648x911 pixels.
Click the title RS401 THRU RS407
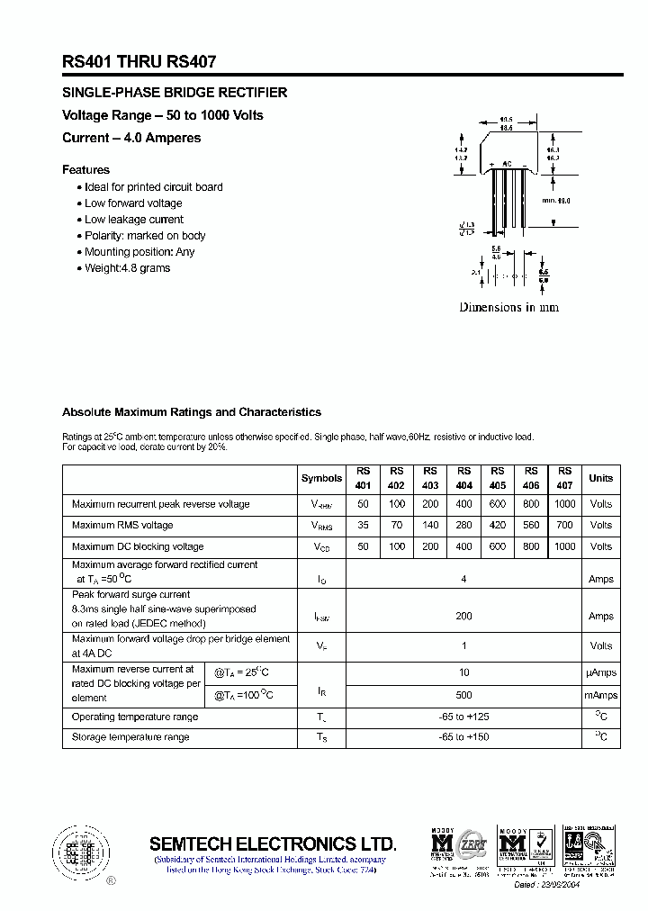click(139, 62)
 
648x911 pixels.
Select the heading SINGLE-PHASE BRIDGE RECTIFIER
click(175, 93)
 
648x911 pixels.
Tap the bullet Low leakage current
click(133, 220)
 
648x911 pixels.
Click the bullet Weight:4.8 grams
click(127, 268)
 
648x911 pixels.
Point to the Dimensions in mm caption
click(508, 307)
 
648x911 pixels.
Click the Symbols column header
click(321, 478)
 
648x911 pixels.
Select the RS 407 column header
click(564, 478)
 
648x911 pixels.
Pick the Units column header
click(600, 478)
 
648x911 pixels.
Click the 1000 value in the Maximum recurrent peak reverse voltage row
click(564, 504)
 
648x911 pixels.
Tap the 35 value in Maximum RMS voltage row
click(364, 525)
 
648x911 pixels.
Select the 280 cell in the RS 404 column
click(463, 525)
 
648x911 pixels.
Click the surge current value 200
click(463, 617)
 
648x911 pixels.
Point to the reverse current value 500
click(463, 695)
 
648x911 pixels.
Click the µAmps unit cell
click(600, 672)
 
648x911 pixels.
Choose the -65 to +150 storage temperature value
click(463, 737)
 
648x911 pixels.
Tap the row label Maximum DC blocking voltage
click(138, 546)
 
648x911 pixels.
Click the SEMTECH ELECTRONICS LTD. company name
click(272, 843)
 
